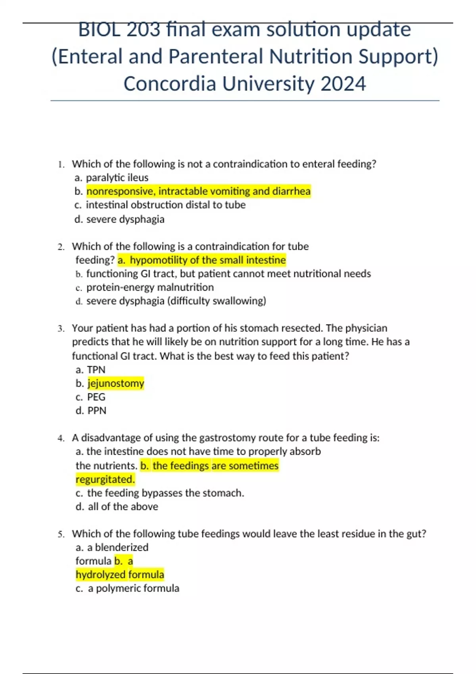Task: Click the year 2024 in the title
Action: tap(343, 84)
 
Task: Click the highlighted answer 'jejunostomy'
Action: tap(116, 383)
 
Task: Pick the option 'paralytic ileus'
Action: tap(117, 178)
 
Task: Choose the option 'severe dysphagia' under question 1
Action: tap(125, 219)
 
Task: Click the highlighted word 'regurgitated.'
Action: tap(105, 479)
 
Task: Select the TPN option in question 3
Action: tap(96, 370)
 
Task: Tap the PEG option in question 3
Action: tap(96, 397)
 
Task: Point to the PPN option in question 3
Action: tap(97, 411)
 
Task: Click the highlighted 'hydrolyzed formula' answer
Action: tap(120, 574)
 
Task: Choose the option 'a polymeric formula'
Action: tap(133, 588)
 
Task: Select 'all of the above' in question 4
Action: tap(123, 507)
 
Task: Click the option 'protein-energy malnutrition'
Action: tap(150, 287)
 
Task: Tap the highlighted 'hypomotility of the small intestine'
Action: tap(207, 260)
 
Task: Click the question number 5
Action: tap(61, 534)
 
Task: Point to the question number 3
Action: tap(61, 329)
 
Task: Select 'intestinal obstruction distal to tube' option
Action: tap(166, 205)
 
